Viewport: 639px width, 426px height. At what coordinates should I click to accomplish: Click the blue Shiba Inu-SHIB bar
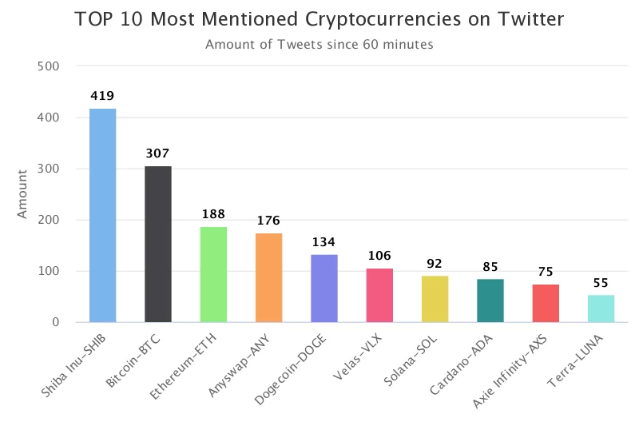click(102, 216)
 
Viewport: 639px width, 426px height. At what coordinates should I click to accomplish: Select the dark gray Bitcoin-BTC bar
click(157, 244)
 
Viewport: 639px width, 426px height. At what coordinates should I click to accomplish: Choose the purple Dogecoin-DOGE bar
click(323, 289)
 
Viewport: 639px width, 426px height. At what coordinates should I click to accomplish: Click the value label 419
click(102, 96)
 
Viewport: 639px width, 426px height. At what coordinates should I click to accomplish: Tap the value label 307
click(157, 153)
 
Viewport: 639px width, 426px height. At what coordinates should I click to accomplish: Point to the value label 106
click(379, 256)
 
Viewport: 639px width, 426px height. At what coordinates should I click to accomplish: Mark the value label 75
click(546, 271)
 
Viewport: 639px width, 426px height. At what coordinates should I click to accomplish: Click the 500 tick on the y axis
click(50, 66)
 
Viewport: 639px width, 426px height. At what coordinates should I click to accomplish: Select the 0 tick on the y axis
click(56, 322)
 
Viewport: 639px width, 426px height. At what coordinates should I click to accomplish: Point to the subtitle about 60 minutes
click(319, 45)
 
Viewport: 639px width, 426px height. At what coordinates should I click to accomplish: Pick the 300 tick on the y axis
click(50, 169)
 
